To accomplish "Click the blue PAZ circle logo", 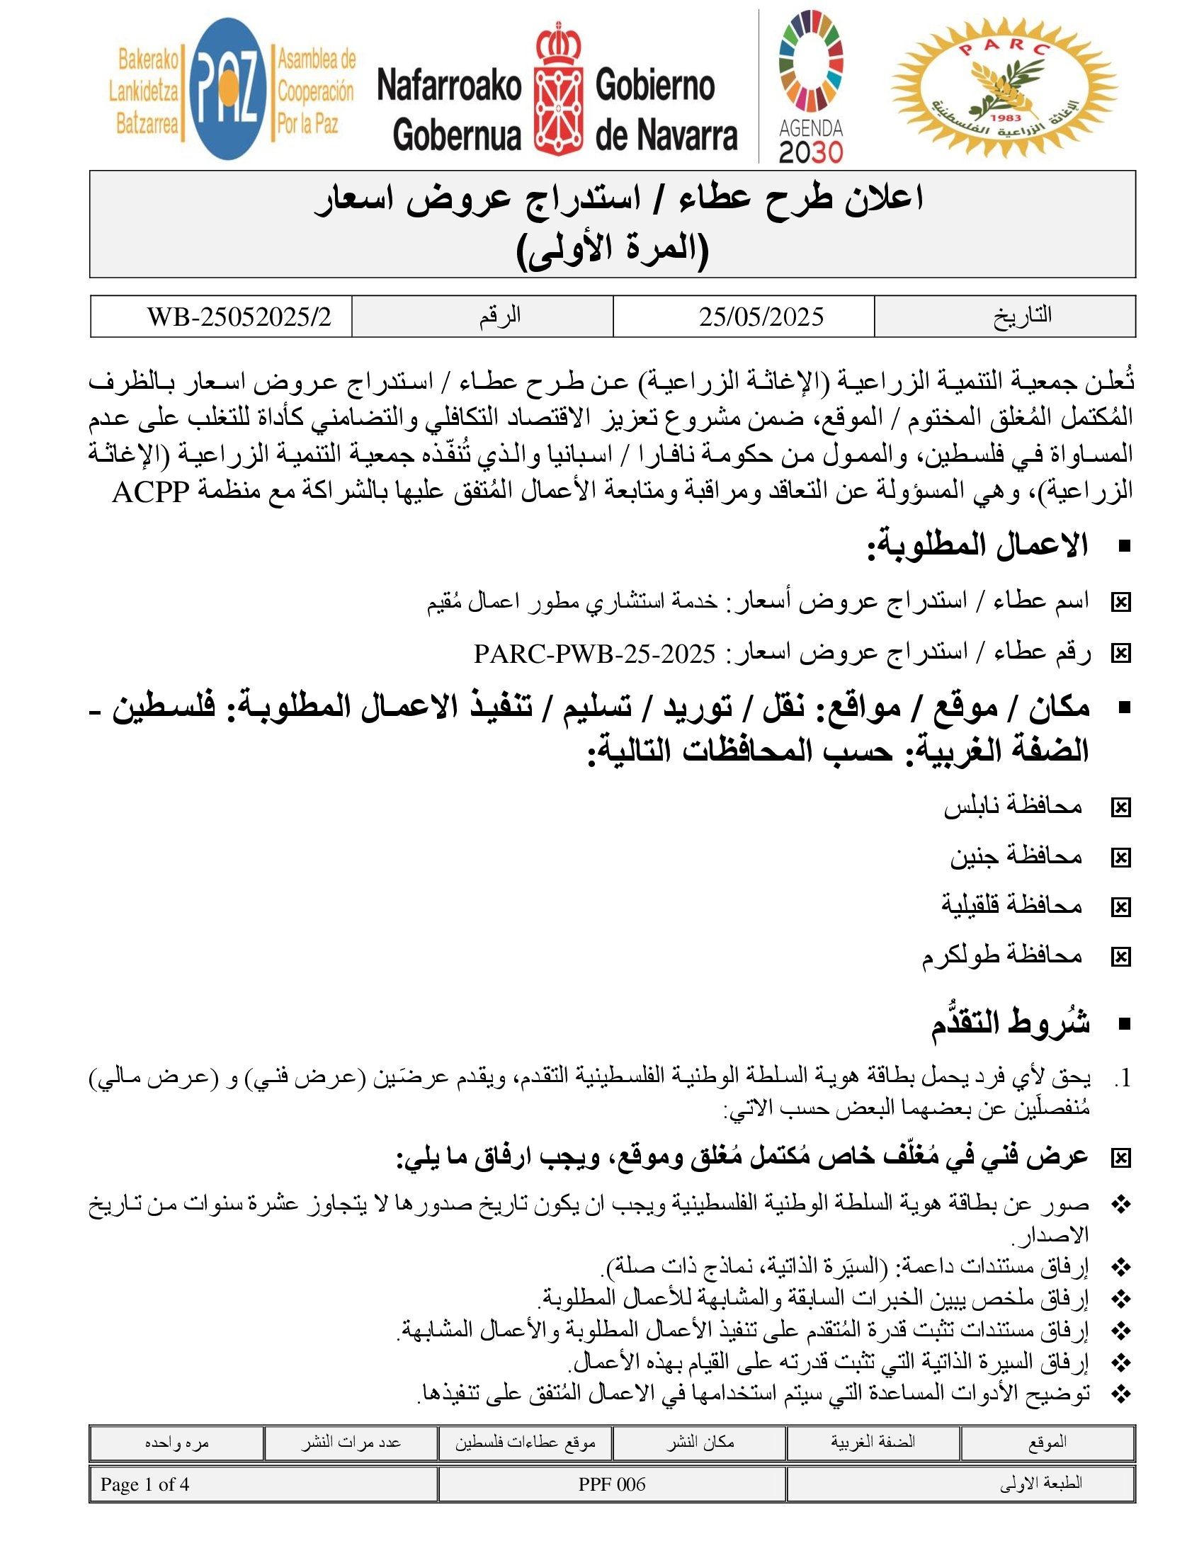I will tap(227, 89).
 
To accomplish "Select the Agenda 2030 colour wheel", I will tap(811, 64).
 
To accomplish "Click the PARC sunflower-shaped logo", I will tap(1004, 88).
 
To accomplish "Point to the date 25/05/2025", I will tap(761, 316).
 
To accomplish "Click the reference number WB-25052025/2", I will tap(239, 316).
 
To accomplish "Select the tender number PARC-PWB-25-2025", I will tap(594, 654).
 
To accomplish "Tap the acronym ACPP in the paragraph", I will tap(150, 492).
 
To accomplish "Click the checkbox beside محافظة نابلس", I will tap(1121, 807).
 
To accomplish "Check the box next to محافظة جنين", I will tap(1121, 858).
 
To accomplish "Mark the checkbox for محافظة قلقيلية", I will tap(1121, 906).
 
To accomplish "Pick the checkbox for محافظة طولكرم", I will tap(1121, 957).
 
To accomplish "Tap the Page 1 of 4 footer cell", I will tap(144, 1484).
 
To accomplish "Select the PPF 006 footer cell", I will tap(612, 1484).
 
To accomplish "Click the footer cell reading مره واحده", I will tap(177, 1443).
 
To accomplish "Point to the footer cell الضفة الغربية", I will tap(873, 1442).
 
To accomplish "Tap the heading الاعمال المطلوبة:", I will tap(977, 546).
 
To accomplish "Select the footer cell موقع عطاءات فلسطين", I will tap(525, 1443).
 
